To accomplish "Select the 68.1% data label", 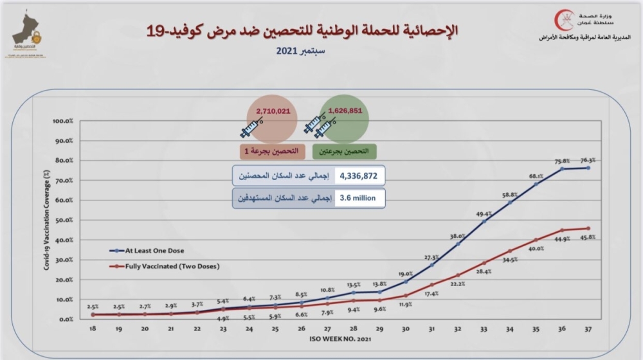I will pos(536,175).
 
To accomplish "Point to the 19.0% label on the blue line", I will pos(404,273).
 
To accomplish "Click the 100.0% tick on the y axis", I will pos(63,121).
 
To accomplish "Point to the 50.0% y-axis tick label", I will pos(64,220).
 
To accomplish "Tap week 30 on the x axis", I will pos(405,328).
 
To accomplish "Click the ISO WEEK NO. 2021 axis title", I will pos(340,338).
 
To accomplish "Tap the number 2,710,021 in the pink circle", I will pos(273,111).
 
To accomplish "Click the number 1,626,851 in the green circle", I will pos(345,111).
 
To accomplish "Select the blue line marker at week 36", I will pos(563,169).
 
